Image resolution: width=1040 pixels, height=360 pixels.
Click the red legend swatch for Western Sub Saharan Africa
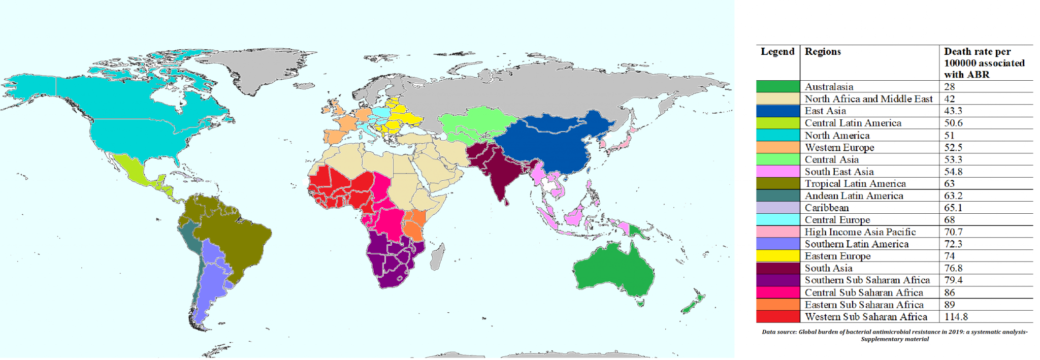[777, 317]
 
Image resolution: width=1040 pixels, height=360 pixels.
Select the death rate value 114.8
[956, 317]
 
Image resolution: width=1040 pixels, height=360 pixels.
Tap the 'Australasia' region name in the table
[829, 87]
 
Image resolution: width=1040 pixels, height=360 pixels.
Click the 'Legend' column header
[777, 52]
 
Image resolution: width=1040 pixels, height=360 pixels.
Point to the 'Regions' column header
[823, 52]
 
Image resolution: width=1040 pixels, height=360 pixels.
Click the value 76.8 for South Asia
[953, 268]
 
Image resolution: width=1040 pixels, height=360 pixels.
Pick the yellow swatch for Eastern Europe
[777, 256]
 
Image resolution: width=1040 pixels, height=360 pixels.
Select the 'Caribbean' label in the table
[826, 208]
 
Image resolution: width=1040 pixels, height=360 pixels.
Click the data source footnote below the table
[894, 335]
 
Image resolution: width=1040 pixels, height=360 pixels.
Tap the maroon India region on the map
[495, 178]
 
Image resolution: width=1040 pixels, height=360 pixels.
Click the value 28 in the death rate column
[950, 87]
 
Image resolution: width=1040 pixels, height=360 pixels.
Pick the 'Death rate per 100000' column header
[984, 63]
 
